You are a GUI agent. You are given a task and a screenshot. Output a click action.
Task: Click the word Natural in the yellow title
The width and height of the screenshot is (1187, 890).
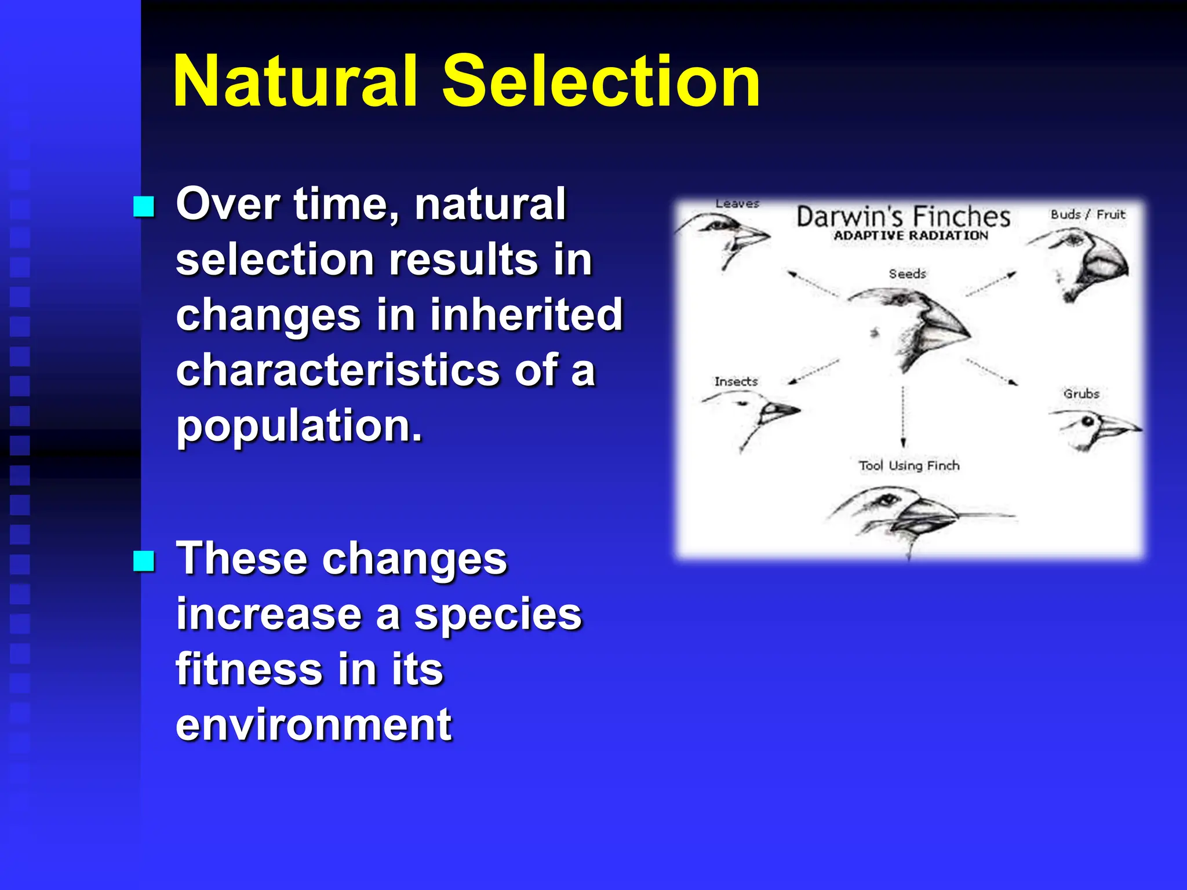(x=294, y=81)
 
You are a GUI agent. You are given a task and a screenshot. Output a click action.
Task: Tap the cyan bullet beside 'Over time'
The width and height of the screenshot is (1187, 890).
(x=144, y=206)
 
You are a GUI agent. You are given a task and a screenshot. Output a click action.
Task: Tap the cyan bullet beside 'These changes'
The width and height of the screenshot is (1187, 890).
(x=144, y=560)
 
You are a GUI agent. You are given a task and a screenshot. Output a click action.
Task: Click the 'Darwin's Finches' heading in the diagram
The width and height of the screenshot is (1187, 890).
(x=903, y=217)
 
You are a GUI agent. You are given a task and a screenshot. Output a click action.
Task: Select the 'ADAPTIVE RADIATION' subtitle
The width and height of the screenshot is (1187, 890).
(x=911, y=236)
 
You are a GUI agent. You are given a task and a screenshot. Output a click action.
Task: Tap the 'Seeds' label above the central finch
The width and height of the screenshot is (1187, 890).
(x=907, y=273)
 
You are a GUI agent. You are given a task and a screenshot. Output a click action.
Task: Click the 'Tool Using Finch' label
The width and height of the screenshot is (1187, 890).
(x=909, y=465)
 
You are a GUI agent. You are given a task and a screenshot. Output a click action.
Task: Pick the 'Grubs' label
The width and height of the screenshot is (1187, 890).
(x=1081, y=393)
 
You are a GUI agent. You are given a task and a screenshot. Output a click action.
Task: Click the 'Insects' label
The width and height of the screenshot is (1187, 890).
(x=735, y=381)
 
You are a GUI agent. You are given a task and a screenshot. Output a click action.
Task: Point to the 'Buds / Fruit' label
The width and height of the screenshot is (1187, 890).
(x=1087, y=214)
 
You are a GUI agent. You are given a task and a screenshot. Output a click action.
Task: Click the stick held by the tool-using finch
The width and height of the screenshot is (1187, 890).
(x=985, y=515)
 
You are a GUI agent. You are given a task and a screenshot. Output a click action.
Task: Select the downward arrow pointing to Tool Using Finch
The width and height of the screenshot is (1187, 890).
(x=903, y=417)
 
